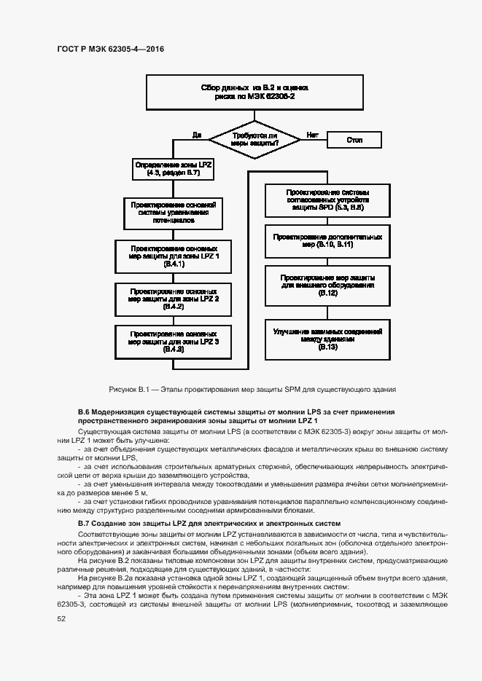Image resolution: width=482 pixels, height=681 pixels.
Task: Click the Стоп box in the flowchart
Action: (x=354, y=139)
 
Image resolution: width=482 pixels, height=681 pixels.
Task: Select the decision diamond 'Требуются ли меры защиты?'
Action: (x=254, y=139)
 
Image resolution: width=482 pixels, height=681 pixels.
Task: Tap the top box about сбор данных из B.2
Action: (x=254, y=91)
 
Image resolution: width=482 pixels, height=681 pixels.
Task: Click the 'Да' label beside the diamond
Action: (x=196, y=135)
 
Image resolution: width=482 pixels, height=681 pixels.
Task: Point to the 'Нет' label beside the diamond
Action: (x=313, y=135)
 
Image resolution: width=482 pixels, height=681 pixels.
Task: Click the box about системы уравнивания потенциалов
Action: (x=174, y=211)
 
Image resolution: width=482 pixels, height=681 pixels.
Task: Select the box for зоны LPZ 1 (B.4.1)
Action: (x=174, y=255)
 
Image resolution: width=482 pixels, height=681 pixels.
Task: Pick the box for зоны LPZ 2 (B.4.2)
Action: (x=174, y=298)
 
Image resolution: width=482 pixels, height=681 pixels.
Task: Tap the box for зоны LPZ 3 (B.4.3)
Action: (x=174, y=340)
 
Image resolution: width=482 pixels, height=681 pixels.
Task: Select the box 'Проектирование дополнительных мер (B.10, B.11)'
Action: (x=327, y=240)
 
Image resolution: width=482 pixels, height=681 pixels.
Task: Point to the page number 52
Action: (x=61, y=618)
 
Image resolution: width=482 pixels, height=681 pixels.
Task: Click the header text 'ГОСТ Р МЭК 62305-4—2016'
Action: (x=110, y=49)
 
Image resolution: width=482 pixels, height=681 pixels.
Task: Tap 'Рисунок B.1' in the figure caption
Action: (x=128, y=390)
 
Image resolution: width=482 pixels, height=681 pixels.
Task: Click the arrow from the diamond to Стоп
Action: (x=314, y=139)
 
